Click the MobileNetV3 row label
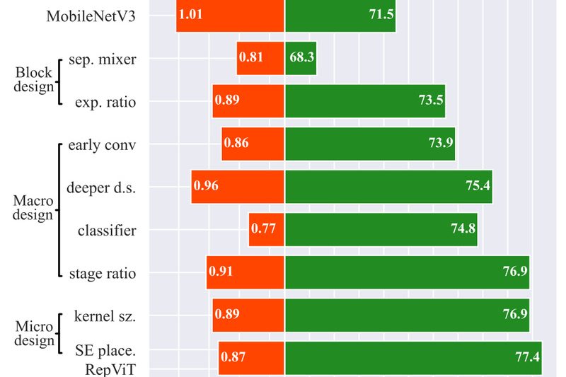(x=91, y=16)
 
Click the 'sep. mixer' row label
(x=103, y=59)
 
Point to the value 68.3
(x=301, y=57)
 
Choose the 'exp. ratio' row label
(x=105, y=103)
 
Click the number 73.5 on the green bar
(x=430, y=100)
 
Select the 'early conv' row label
(x=102, y=146)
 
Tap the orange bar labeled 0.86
(x=252, y=143)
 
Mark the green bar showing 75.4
(x=388, y=186)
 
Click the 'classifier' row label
(x=107, y=231)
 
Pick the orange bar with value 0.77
(x=266, y=228)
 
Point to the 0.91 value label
(x=220, y=271)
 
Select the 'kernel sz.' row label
(x=105, y=316)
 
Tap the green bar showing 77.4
(x=412, y=357)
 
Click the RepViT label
(x=110, y=368)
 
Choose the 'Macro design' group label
(x=33, y=208)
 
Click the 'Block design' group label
(x=34, y=80)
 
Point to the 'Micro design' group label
(x=33, y=334)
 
